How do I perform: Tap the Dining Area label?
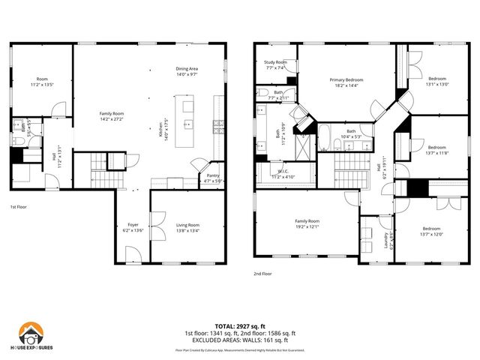pyautogui.click(x=186, y=70)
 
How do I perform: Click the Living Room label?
pyautogui.click(x=187, y=225)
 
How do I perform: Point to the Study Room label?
pyautogui.click(x=276, y=63)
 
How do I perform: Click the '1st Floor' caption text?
pyautogui.click(x=19, y=206)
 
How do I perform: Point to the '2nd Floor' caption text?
pyautogui.click(x=263, y=274)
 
